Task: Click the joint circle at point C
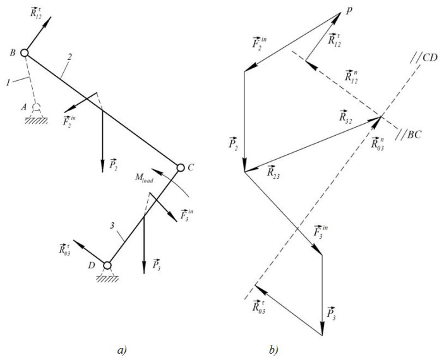180,167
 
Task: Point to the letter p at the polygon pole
349,10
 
